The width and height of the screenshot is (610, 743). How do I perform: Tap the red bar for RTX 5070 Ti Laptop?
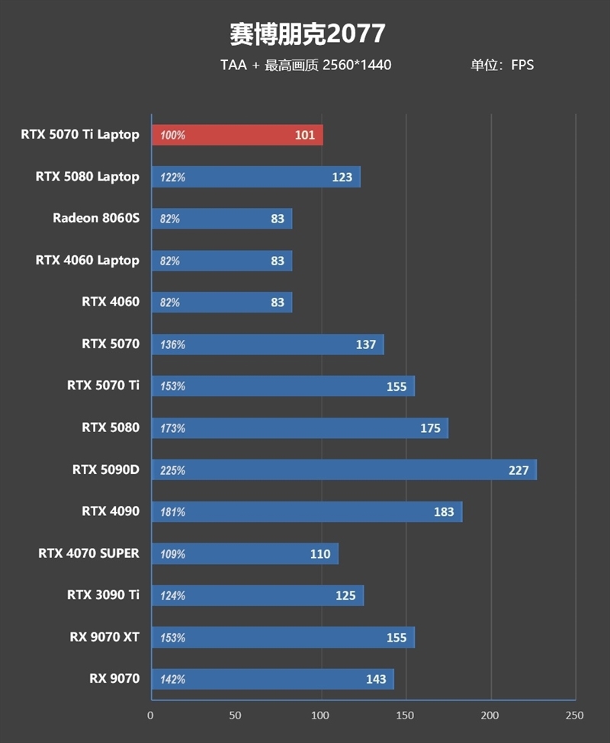(x=237, y=135)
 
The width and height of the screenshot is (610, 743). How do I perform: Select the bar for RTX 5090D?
(x=344, y=470)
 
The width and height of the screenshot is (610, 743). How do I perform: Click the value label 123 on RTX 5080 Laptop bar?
(x=342, y=177)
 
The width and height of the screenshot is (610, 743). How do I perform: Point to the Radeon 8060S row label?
(x=96, y=219)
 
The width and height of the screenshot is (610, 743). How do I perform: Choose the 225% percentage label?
(x=173, y=470)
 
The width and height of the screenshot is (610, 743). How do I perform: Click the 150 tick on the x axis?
(x=406, y=716)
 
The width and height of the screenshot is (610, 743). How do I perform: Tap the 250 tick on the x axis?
(x=575, y=716)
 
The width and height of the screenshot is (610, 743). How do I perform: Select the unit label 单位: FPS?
(x=502, y=66)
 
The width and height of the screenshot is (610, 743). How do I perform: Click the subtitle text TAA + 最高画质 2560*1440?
(x=306, y=66)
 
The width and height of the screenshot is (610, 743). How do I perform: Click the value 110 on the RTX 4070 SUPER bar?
(x=320, y=554)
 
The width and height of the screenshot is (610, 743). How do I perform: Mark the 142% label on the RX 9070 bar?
(x=173, y=679)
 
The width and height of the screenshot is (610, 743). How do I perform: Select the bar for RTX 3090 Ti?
(x=258, y=595)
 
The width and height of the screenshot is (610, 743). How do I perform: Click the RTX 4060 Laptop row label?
(x=87, y=261)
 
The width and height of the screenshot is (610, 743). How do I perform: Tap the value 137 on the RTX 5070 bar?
(x=366, y=344)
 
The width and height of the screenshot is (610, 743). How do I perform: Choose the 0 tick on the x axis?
(x=151, y=716)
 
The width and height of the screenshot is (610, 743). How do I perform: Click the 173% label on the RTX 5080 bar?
(x=173, y=428)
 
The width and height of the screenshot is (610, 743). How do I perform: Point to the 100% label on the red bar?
(x=173, y=136)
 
